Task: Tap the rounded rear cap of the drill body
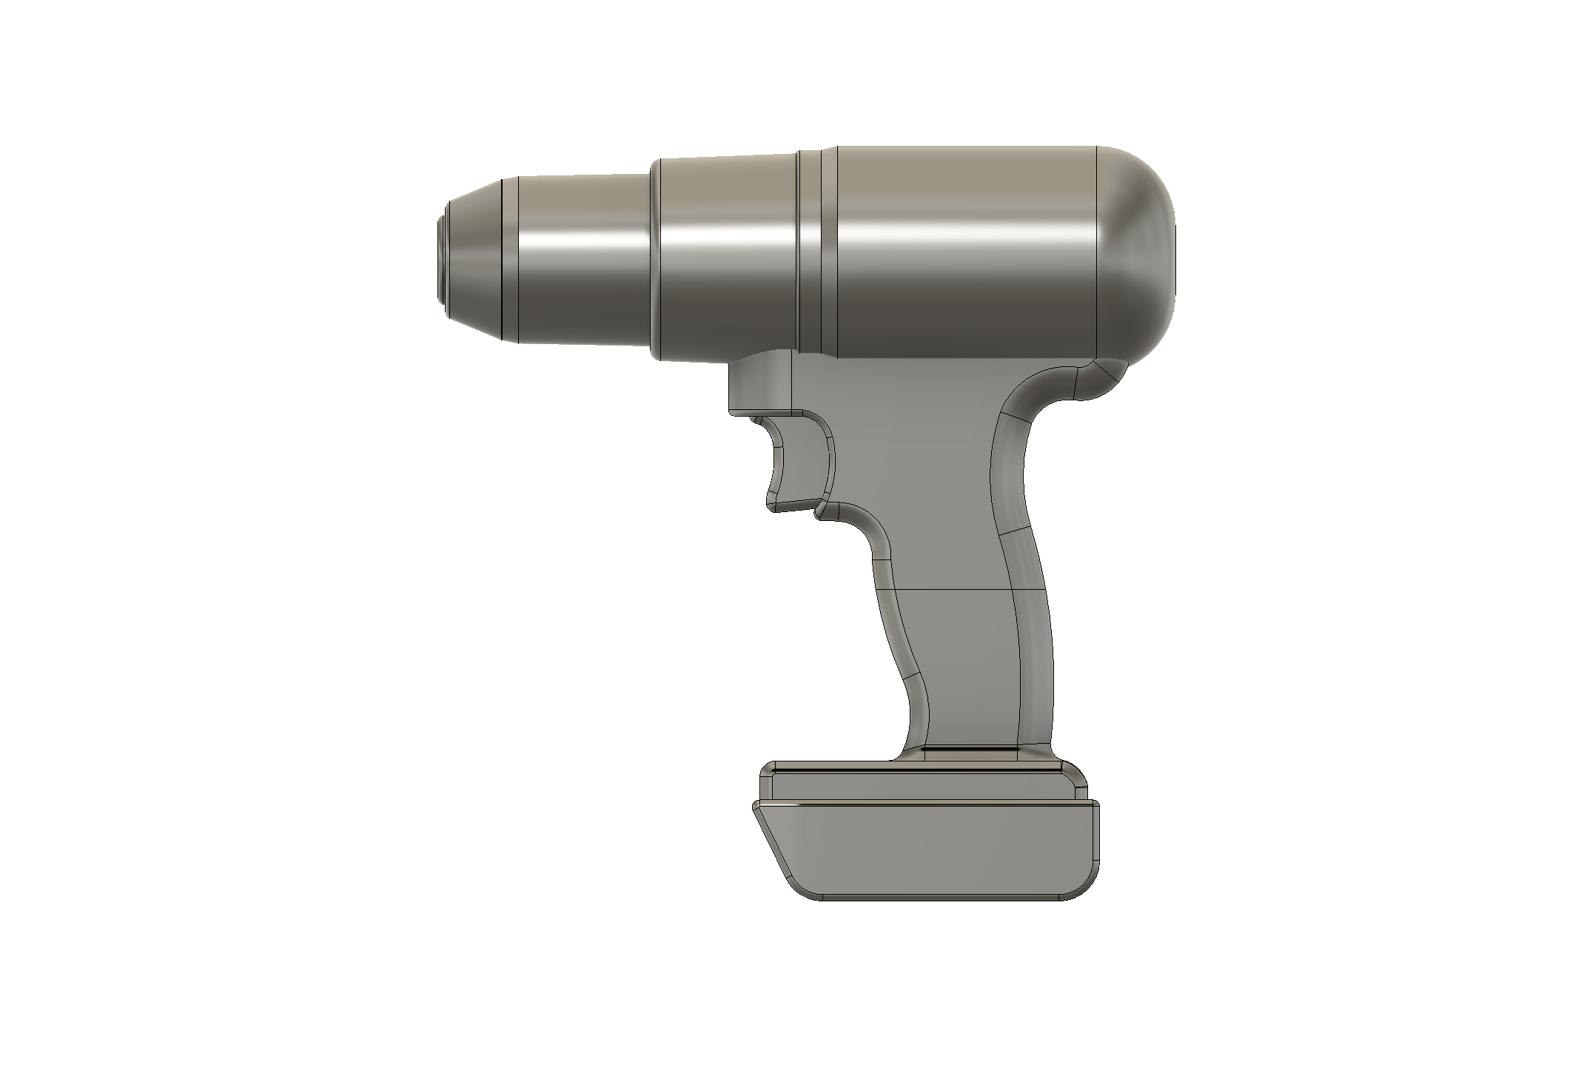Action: click(1136, 259)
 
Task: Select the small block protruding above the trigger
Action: click(759, 385)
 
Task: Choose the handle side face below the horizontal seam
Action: click(962, 666)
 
